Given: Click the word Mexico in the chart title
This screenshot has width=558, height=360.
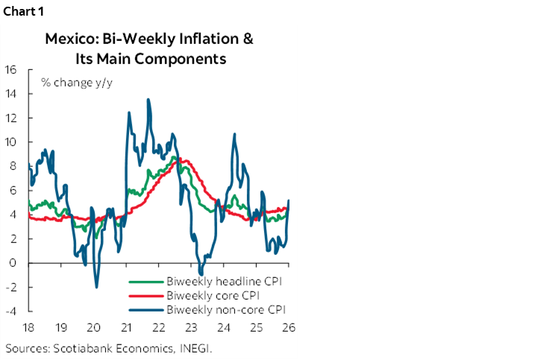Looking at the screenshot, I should pyautogui.click(x=69, y=39).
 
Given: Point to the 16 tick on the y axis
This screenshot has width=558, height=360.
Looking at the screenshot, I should pyautogui.click(x=11, y=69).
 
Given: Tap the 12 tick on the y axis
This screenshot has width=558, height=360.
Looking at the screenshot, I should pyautogui.click(x=11, y=118).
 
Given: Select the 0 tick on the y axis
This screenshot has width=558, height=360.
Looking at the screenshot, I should pyautogui.click(x=14, y=262).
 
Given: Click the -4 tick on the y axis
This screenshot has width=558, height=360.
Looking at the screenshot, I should pyautogui.click(x=12, y=311).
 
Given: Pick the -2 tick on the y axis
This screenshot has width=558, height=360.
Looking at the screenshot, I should pyautogui.click(x=12, y=287).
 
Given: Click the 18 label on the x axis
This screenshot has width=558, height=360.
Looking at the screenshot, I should pyautogui.click(x=28, y=327).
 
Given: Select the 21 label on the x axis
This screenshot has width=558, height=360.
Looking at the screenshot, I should pyautogui.click(x=126, y=327).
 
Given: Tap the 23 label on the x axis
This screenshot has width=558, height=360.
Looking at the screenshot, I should pyautogui.click(x=191, y=327).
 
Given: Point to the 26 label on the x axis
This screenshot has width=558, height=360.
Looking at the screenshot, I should pyautogui.click(x=288, y=327).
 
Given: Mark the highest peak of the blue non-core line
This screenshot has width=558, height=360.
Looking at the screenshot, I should pyautogui.click(x=148, y=99).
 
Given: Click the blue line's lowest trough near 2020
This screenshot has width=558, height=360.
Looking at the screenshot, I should pyautogui.click(x=96, y=287).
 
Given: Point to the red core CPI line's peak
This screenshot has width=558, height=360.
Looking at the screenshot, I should pyautogui.click(x=183, y=160).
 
